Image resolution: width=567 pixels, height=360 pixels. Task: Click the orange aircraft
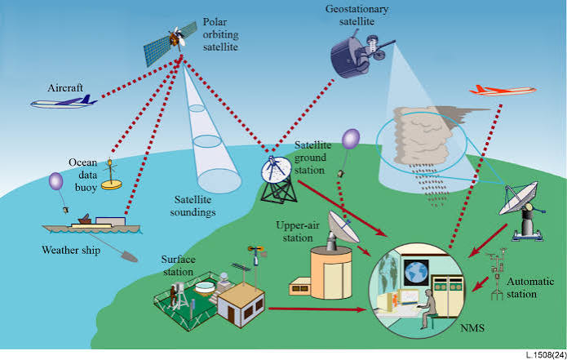pyautogui.click(x=503, y=91)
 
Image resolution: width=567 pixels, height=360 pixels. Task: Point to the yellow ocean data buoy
pyautogui.click(x=111, y=177)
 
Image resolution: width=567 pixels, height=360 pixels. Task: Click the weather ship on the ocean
pyautogui.click(x=91, y=224)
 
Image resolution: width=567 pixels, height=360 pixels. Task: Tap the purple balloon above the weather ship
pyautogui.click(x=55, y=181)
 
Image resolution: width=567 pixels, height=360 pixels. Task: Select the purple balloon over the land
pyautogui.click(x=351, y=139)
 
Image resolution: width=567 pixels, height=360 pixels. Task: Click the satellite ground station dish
pyautogui.click(x=277, y=170)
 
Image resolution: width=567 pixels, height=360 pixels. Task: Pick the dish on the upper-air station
pyautogui.click(x=342, y=227)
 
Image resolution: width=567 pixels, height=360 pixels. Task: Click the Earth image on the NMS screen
pyautogui.click(x=416, y=273)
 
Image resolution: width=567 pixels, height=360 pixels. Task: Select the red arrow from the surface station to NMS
pyautogui.click(x=317, y=309)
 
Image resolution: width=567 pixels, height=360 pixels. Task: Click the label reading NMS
pyautogui.click(x=472, y=328)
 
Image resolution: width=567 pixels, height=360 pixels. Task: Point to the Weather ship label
pyautogui.click(x=71, y=250)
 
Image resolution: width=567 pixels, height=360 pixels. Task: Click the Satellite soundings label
pyautogui.click(x=193, y=206)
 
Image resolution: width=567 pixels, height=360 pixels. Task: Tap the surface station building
pyautogui.click(x=241, y=304)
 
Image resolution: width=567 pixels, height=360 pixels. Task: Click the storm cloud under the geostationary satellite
pyautogui.click(x=423, y=136)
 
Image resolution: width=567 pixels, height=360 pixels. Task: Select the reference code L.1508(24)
pyautogui.click(x=546, y=355)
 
